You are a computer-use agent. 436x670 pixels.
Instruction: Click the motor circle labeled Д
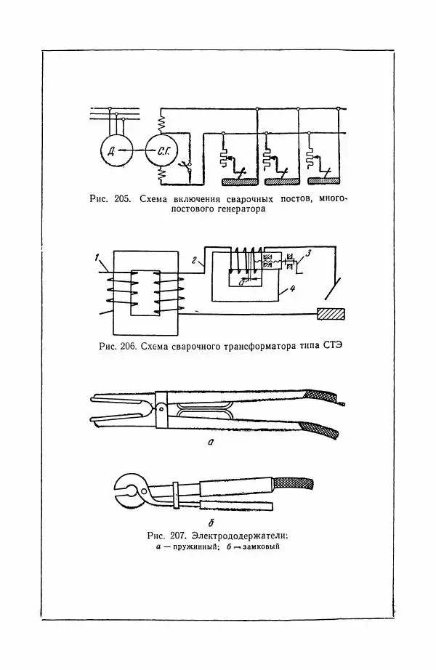tap(110, 151)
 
